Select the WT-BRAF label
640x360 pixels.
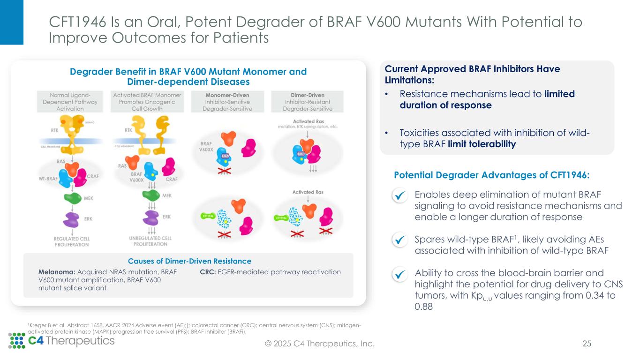click(x=50, y=178)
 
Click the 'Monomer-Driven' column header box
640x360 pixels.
click(x=227, y=102)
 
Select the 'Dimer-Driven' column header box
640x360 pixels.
click(x=308, y=102)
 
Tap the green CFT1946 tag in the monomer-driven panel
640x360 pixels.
click(x=207, y=216)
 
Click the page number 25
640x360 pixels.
click(x=587, y=344)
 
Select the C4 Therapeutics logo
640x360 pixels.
click(x=61, y=340)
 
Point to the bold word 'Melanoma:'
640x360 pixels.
click(x=56, y=272)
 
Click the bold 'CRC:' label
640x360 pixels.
click(x=208, y=272)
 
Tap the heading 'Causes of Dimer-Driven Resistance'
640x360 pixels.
click(x=189, y=261)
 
